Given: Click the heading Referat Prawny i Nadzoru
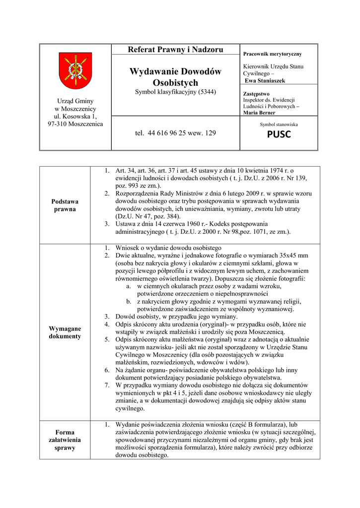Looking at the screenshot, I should pyautogui.click(x=175, y=49).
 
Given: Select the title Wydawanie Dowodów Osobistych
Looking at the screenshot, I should pyautogui.click(x=175, y=77).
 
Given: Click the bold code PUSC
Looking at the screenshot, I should pyautogui.click(x=279, y=134).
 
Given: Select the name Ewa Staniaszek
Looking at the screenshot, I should pyautogui.click(x=265, y=80).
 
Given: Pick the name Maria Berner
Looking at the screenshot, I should pyautogui.click(x=260, y=113).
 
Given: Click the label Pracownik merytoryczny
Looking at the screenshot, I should pyautogui.click(x=273, y=54).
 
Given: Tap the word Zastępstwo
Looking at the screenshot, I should pyautogui.click(x=256, y=93).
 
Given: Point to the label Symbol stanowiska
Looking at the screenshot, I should pyautogui.click(x=279, y=124).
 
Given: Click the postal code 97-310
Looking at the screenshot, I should pyautogui.click(x=57, y=124).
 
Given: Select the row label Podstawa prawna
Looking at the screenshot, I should pyautogui.click(x=65, y=205).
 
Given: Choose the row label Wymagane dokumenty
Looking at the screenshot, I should pyautogui.click(x=65, y=332).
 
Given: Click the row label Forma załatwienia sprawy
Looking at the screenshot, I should pyautogui.click(x=65, y=440).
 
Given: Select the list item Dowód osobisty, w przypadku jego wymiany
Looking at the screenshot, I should pyautogui.click(x=176, y=317).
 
